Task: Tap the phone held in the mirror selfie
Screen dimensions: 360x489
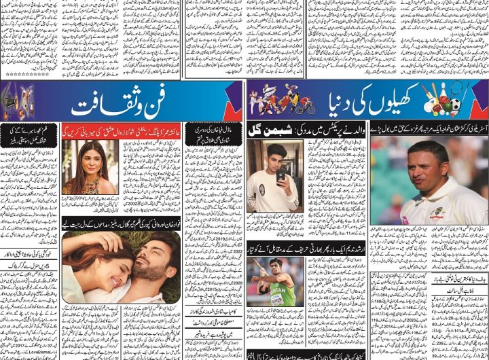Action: tap(280, 175)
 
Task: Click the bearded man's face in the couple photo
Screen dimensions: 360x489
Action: tap(153, 257)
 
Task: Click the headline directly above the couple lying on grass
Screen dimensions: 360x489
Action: tap(120, 223)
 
